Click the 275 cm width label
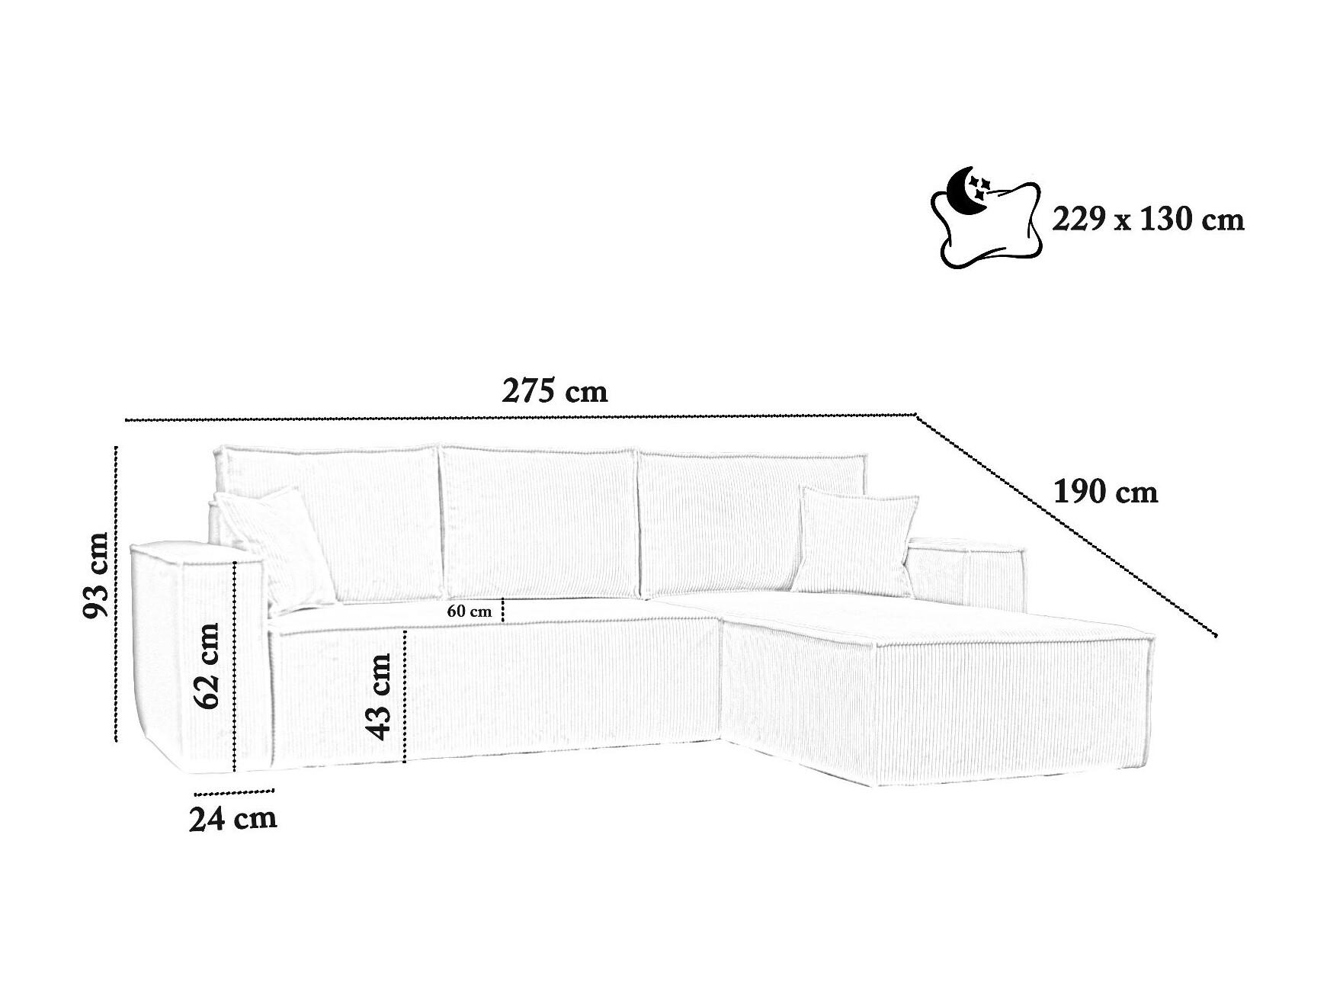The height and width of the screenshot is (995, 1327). (555, 391)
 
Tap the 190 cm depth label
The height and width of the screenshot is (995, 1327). (1105, 492)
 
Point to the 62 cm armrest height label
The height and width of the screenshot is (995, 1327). (207, 666)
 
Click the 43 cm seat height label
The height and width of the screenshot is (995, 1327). (378, 696)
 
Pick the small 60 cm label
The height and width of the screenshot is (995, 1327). (470, 611)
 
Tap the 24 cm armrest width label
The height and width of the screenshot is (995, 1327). (232, 819)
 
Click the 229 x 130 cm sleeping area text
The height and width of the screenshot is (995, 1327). (1148, 220)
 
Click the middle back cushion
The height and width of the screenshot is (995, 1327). (539, 524)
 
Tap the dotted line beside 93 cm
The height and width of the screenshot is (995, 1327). (116, 592)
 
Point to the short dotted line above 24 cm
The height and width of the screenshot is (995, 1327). (234, 792)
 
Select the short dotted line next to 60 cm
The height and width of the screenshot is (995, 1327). (503, 611)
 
